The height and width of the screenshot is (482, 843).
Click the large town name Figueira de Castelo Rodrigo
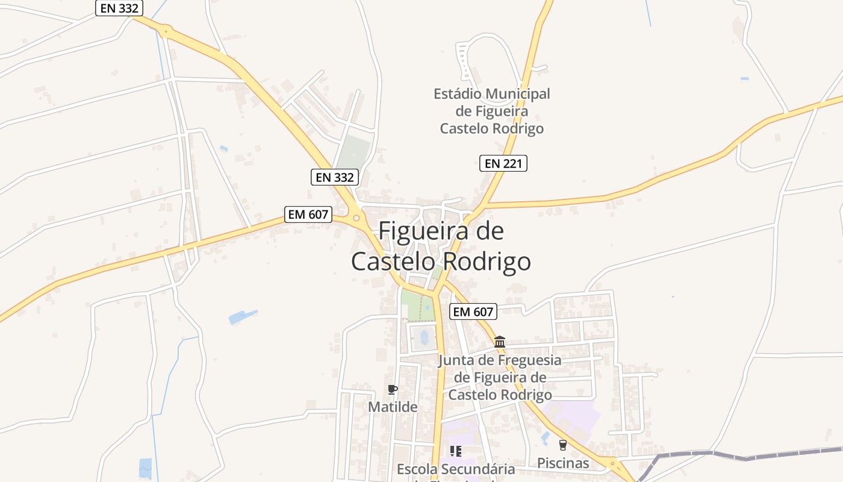click(x=441, y=246)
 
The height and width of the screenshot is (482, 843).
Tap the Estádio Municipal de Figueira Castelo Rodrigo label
click(x=492, y=111)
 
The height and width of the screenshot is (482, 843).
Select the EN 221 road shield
click(x=503, y=163)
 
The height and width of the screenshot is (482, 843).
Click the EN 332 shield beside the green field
click(x=335, y=177)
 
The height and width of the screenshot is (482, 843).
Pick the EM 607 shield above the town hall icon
click(x=473, y=311)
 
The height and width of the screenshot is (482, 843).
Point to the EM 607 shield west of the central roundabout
click(x=308, y=214)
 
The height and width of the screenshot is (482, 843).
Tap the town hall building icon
click(x=500, y=342)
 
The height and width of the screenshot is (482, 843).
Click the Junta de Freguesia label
click(x=500, y=378)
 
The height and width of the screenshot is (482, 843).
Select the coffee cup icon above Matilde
click(x=393, y=389)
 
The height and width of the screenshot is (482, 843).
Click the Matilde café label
click(x=393, y=407)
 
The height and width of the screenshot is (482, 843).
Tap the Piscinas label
click(x=563, y=463)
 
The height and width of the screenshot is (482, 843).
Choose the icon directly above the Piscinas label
click(x=563, y=445)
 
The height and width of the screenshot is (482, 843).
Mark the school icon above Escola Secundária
click(x=456, y=451)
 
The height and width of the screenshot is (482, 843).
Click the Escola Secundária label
click(x=456, y=469)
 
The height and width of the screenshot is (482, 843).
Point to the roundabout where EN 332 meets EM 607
click(x=356, y=218)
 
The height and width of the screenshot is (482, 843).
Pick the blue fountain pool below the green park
click(x=422, y=336)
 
